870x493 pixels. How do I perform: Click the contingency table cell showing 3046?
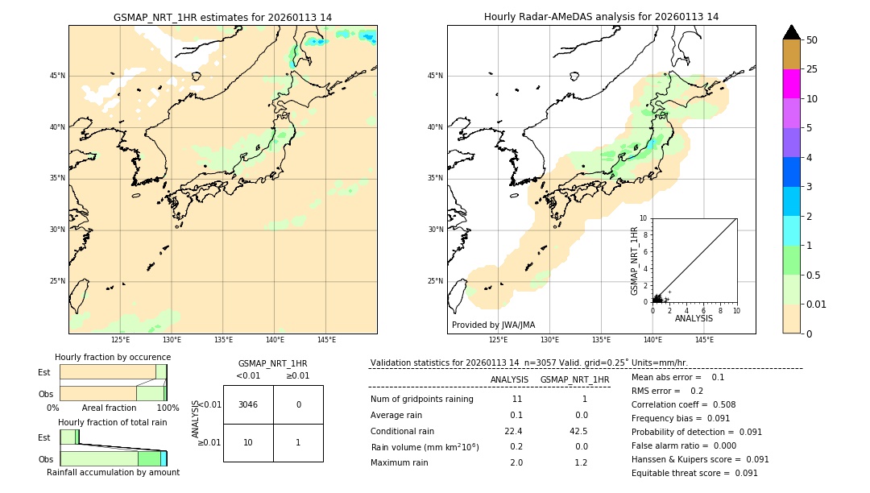[248, 404]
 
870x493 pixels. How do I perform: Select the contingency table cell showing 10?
[248, 442]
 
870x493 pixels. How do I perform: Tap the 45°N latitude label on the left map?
[57, 76]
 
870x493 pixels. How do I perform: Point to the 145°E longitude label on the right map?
[704, 340]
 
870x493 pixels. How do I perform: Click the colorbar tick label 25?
[812, 69]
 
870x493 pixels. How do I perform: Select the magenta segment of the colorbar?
[791, 84]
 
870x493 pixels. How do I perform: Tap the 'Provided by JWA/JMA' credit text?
[493, 325]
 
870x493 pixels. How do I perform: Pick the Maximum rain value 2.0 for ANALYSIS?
[516, 462]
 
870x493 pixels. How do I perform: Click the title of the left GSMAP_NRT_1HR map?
[222, 17]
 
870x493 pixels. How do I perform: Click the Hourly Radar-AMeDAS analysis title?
[601, 17]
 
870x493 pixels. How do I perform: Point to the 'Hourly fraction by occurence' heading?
[113, 357]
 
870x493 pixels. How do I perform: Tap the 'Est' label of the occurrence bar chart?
[43, 372]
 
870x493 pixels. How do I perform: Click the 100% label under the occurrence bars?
[167, 408]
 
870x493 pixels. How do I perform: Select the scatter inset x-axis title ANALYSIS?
[694, 318]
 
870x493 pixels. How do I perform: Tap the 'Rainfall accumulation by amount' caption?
[113, 472]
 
